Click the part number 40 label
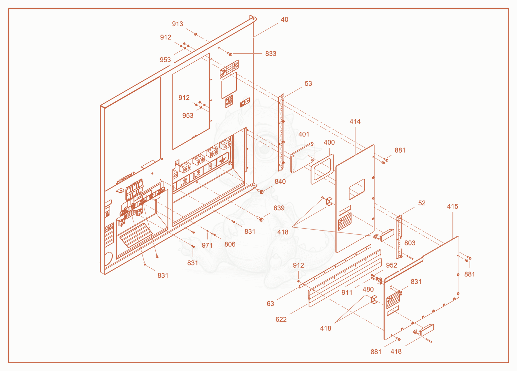[x=284, y=20]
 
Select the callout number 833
[x=271, y=54]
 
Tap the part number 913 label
[x=177, y=24]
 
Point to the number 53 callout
[x=308, y=84]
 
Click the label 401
[x=304, y=134]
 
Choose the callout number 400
[x=329, y=142]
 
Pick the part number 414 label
[x=355, y=121]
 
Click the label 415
[x=453, y=206]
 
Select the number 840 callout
[x=280, y=182]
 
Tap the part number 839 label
[x=279, y=208]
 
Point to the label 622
[x=281, y=319]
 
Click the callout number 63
[x=270, y=304]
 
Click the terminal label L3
[x=196, y=174]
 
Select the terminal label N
[x=210, y=167]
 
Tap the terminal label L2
[x=183, y=182]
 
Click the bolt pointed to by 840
[x=261, y=191]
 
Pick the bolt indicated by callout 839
[x=260, y=219]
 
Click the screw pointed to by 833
[x=230, y=54]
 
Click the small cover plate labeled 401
[x=302, y=158]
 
